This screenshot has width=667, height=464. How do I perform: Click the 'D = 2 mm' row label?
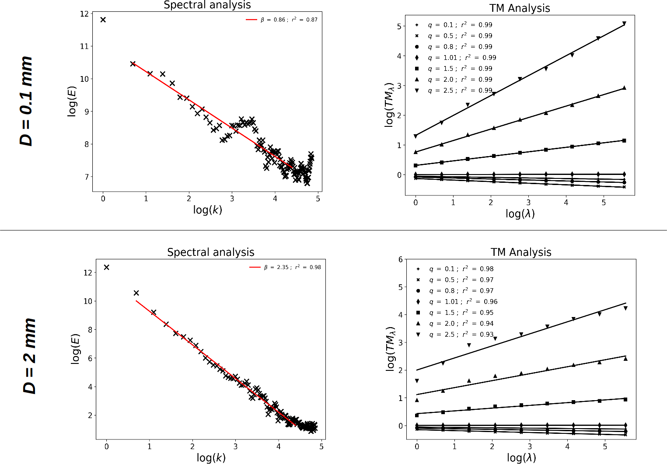tap(29, 356)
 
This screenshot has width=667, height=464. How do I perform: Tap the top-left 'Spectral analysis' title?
tap(207, 5)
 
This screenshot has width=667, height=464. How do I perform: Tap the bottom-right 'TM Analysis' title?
tap(521, 252)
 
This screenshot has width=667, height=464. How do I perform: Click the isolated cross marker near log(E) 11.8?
tap(103, 20)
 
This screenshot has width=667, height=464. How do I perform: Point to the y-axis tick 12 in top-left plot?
tap(84, 14)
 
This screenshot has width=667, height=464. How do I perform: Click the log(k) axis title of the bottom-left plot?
tap(211, 458)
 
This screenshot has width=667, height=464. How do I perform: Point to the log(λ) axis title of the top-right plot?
tap(520, 213)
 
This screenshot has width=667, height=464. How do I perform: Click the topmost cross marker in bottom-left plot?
tap(106, 267)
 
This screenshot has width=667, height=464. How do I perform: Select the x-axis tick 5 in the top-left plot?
tap(318, 199)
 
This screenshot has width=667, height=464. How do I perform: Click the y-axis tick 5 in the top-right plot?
tap(399, 26)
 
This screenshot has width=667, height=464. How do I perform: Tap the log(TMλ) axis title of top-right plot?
tap(389, 104)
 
